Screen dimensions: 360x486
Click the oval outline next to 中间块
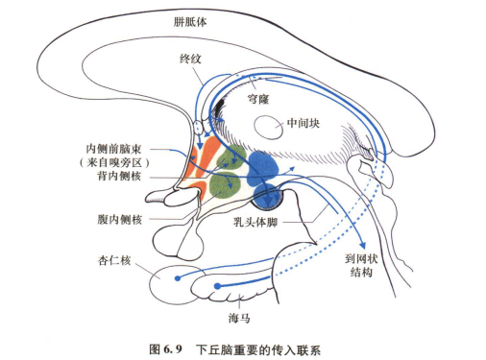click(x=266, y=126)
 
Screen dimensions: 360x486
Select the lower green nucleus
click(x=223, y=182)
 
